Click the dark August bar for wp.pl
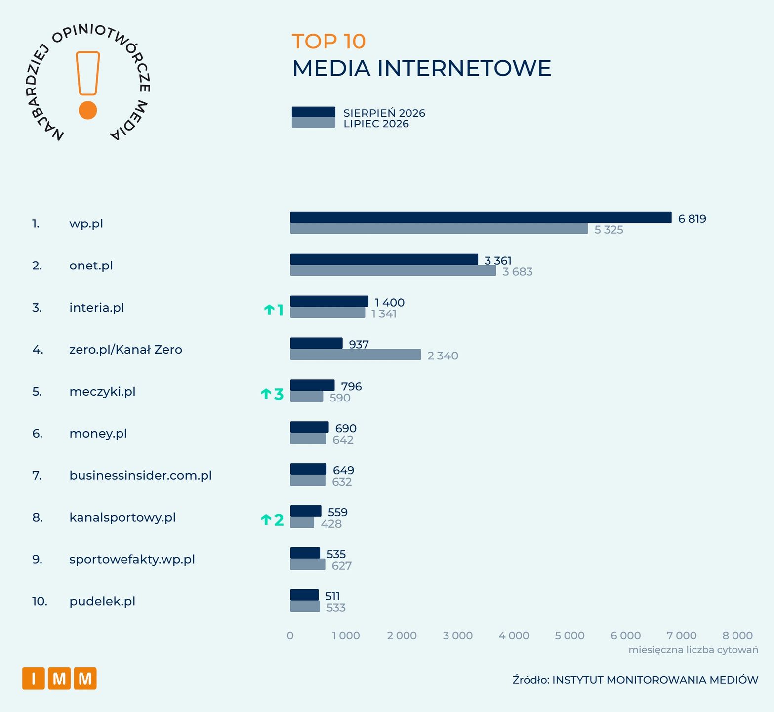[481, 217]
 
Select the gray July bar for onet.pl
[393, 270]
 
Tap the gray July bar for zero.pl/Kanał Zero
[356, 355]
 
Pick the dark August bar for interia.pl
[329, 301]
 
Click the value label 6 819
[692, 219]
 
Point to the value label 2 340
[443, 356]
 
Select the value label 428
[331, 524]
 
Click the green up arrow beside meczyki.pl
[266, 394]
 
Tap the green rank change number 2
[279, 520]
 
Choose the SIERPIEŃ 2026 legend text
[384, 113]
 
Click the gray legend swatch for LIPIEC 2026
[313, 123]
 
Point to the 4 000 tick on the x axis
[514, 636]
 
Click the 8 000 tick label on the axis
[738, 636]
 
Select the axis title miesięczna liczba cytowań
[693, 650]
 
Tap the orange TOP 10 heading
[328, 42]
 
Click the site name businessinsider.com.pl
[140, 476]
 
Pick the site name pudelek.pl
[102, 602]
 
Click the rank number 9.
[37, 560]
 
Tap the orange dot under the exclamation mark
[88, 110]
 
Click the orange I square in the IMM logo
[34, 678]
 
